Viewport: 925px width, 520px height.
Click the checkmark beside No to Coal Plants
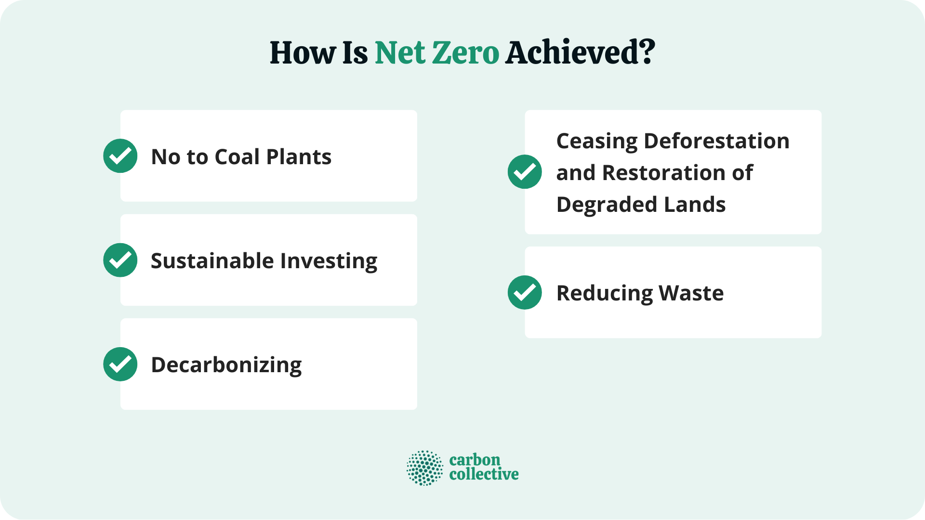coord(120,156)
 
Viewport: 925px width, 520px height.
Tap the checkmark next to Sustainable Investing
coord(120,260)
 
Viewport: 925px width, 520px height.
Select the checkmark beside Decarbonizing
coord(120,364)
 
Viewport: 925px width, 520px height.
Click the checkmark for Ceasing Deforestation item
coord(525,172)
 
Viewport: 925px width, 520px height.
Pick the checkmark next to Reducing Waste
coord(525,292)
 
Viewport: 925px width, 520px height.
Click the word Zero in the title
coord(465,52)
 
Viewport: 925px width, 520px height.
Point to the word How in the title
coord(303,52)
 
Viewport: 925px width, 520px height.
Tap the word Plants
coord(299,157)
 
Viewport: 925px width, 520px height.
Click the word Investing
coord(329,261)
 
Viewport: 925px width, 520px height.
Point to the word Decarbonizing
coord(226,365)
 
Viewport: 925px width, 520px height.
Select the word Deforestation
coord(716,141)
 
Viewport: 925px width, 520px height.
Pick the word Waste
coord(691,293)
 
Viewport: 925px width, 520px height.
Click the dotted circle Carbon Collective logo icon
coord(424,468)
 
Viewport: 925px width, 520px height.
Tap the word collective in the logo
coord(484,474)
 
